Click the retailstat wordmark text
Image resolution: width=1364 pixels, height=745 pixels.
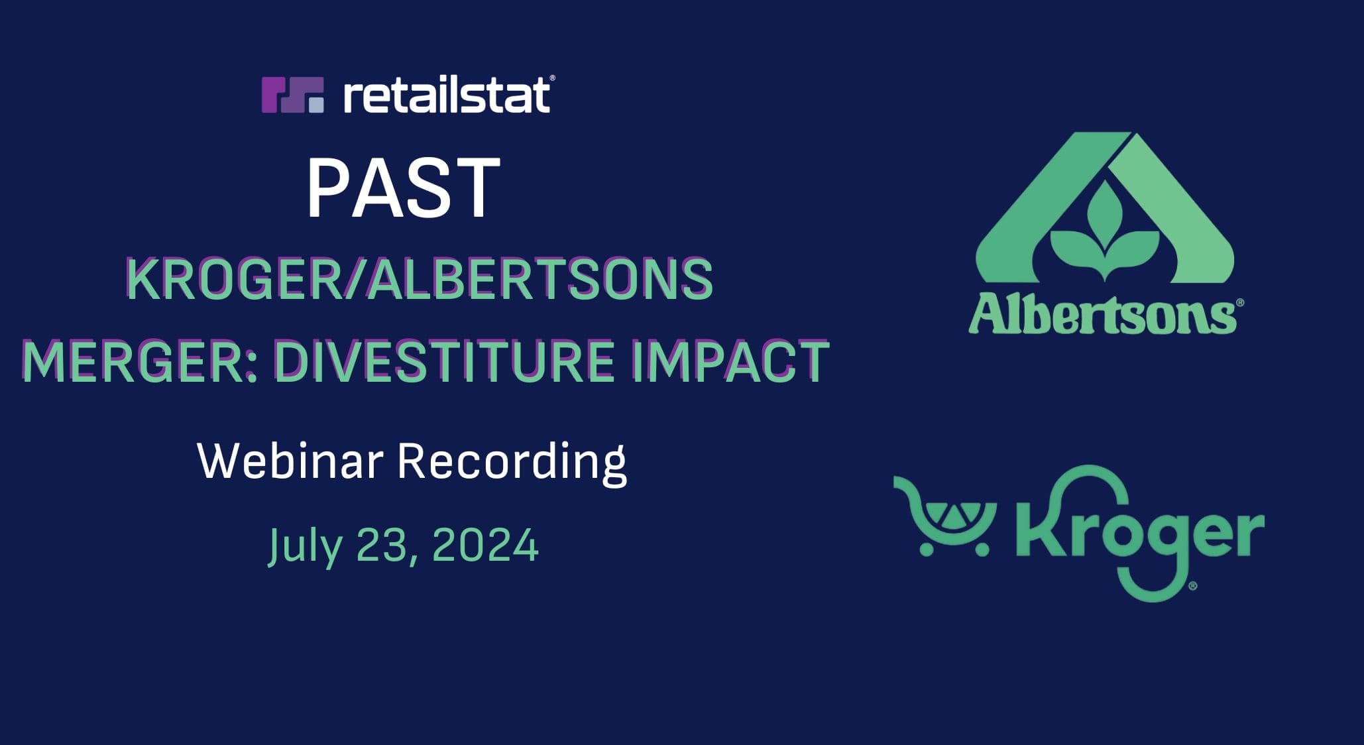[447, 95]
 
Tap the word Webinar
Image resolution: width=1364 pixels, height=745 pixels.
[290, 461]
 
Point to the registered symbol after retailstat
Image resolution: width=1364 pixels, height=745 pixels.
[553, 78]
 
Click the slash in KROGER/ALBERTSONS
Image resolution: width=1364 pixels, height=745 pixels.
[351, 279]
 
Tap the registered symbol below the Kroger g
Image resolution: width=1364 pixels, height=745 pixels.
[1193, 586]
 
